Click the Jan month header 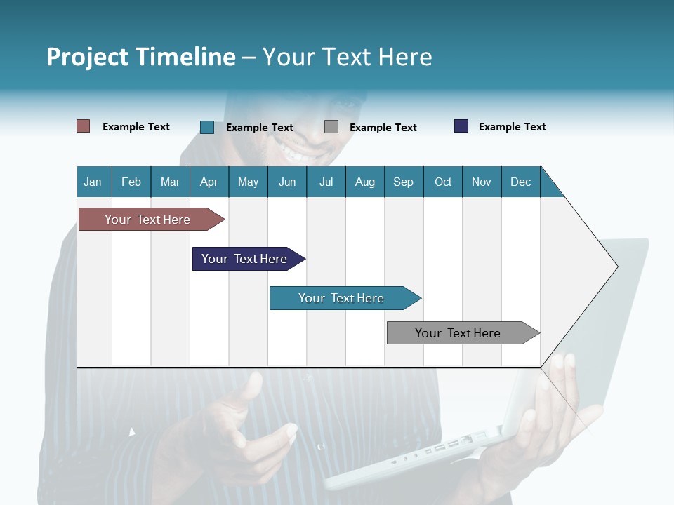[x=93, y=182]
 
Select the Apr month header [x=209, y=182]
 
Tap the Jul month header [x=326, y=182]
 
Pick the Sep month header [x=403, y=182]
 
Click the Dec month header [x=520, y=182]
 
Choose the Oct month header [x=442, y=182]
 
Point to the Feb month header [x=131, y=182]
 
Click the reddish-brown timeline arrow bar [x=147, y=220]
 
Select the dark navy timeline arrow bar [x=244, y=259]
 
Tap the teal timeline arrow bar [x=341, y=298]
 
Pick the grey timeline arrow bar [x=458, y=333]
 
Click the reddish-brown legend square [x=83, y=126]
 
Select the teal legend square [x=206, y=127]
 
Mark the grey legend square [x=331, y=127]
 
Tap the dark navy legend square [x=461, y=126]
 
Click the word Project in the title [x=87, y=57]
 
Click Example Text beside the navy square [x=512, y=127]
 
